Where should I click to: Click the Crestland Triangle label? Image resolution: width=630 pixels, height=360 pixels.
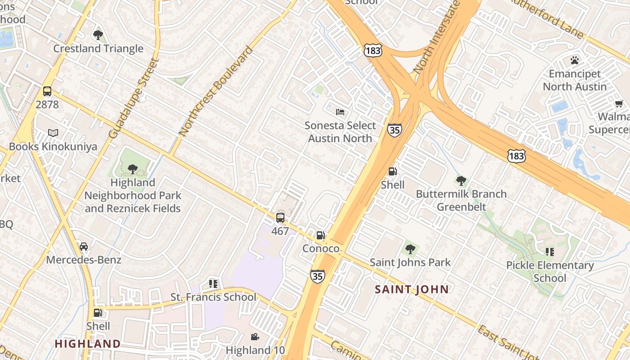click(98, 49)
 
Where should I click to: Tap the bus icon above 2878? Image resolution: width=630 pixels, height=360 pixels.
click(47, 92)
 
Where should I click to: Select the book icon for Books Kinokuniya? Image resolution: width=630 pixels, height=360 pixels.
click(53, 133)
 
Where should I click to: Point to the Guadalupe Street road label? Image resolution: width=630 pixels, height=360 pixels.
click(134, 98)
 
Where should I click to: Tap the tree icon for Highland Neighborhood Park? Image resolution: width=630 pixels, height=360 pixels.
click(132, 169)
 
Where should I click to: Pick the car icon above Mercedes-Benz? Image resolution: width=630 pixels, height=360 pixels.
click(84, 247)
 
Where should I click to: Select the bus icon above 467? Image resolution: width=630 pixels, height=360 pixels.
click(280, 218)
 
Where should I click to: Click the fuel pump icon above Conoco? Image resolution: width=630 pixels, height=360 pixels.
click(320, 235)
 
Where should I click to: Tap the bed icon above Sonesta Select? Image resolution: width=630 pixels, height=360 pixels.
click(340, 112)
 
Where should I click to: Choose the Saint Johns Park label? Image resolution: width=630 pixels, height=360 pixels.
click(410, 262)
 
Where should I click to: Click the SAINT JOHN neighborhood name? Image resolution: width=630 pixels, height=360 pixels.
click(412, 289)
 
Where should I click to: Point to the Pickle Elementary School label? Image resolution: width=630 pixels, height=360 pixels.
click(550, 271)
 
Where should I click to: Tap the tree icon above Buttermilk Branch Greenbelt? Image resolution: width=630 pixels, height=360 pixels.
click(461, 181)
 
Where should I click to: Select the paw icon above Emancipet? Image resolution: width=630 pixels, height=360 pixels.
click(574, 60)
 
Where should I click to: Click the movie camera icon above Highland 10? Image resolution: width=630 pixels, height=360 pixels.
click(255, 337)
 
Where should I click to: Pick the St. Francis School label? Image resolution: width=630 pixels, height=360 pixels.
click(213, 297)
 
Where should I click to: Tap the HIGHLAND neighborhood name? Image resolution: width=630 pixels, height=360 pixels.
click(88, 344)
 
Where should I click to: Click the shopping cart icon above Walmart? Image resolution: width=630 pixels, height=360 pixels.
click(619, 104)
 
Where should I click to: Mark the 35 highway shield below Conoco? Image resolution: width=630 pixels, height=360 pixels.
click(317, 276)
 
